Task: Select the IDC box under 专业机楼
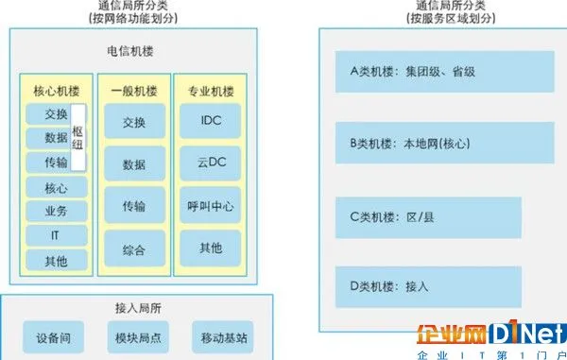tap(211, 122)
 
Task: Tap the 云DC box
tap(211, 163)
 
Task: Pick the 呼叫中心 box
tap(211, 205)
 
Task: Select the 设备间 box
tap(54, 335)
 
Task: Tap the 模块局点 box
tap(139, 335)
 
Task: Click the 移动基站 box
tap(224, 335)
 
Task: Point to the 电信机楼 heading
tap(132, 45)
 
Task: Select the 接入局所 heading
tap(139, 307)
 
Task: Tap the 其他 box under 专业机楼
tap(211, 248)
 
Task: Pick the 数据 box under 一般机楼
tap(134, 164)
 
